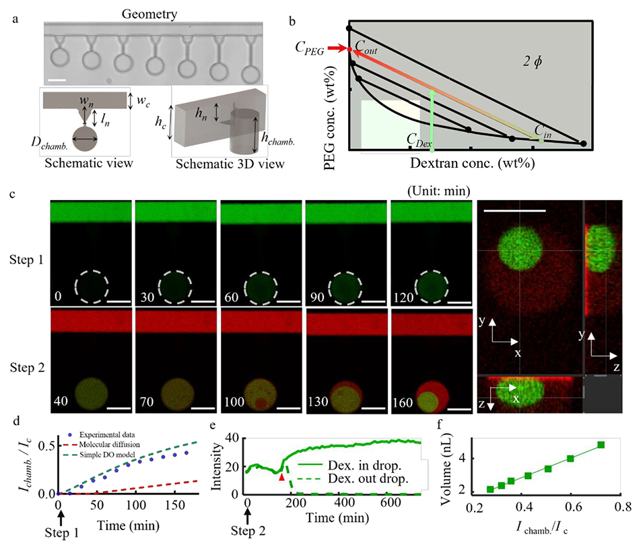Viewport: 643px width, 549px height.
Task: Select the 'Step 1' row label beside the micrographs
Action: [24, 257]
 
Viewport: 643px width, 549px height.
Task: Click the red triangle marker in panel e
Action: [281, 476]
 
